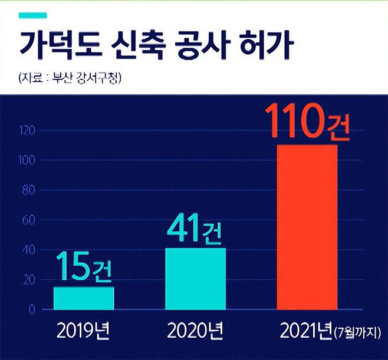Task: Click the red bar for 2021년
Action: [x=307, y=227]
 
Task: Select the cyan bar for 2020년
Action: [x=196, y=279]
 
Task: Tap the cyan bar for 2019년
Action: [x=84, y=298]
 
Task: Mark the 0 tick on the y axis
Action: [x=30, y=310]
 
